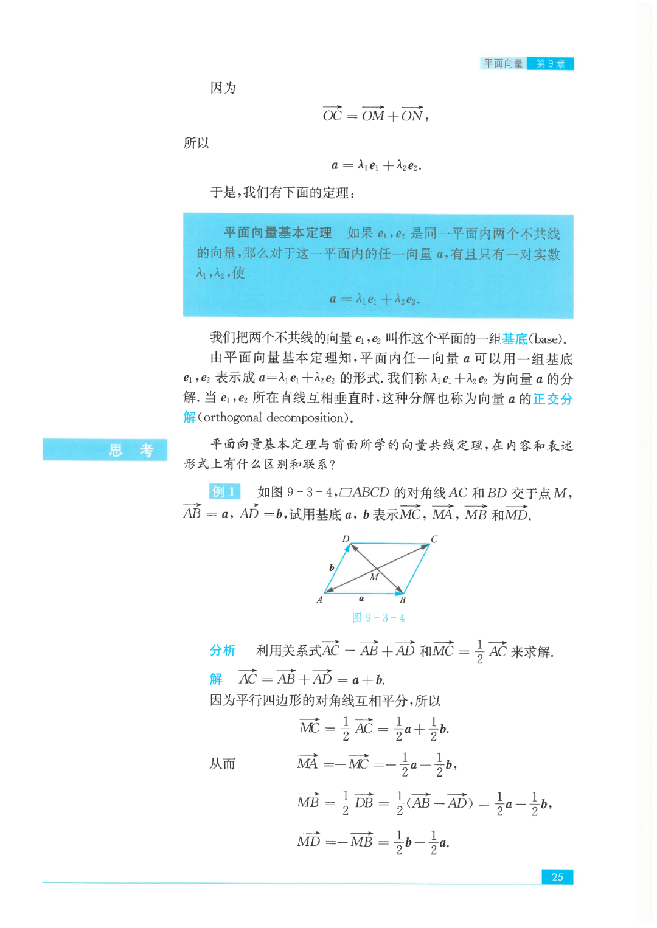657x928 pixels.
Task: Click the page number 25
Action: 557,876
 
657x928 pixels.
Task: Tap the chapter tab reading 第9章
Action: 551,64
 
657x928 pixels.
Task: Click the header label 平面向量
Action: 504,64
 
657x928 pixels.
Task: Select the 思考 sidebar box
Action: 105,449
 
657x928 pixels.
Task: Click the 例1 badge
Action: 224,491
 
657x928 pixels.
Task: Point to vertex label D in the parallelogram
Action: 346,539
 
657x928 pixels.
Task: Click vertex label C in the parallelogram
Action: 434,539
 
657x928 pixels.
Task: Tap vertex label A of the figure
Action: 319,600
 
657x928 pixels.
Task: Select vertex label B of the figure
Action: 402,600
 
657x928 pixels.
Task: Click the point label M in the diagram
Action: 374,577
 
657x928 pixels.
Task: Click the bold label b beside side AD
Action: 332,567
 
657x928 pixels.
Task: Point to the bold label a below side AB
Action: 361,598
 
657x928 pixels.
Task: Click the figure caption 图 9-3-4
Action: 378,618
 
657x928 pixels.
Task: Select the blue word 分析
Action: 223,651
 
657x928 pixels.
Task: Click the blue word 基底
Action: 515,339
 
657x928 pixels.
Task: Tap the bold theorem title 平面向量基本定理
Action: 277,233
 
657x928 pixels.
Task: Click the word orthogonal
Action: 233,418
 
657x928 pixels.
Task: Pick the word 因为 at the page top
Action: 223,88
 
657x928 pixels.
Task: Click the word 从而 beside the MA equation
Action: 222,764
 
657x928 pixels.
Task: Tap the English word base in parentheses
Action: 546,339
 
